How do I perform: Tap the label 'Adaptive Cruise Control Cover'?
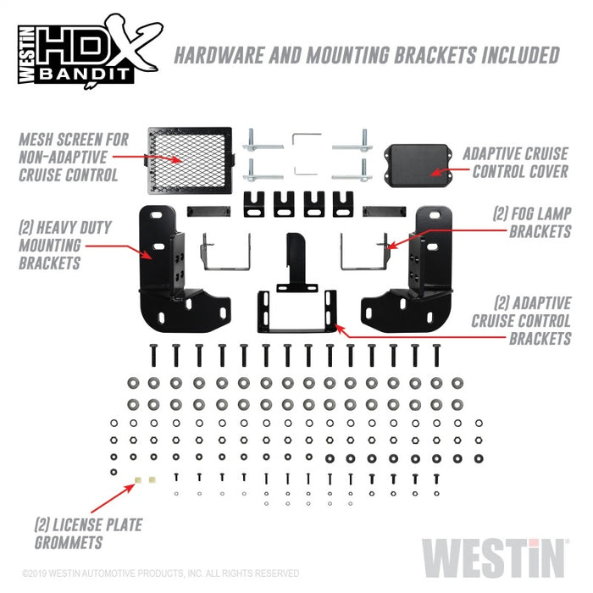[515, 164]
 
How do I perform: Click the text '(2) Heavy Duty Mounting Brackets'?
[61, 245]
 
